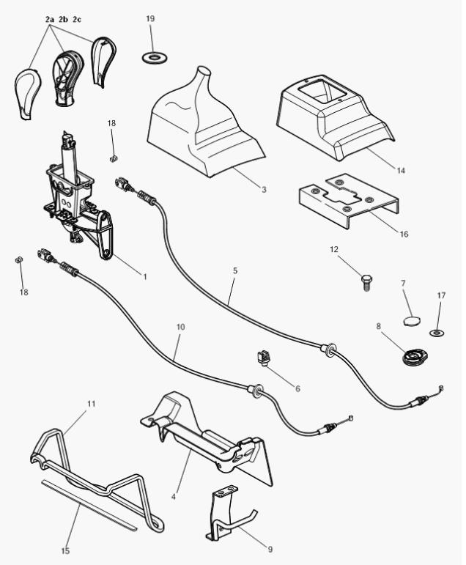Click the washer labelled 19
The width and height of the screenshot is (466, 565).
(x=153, y=56)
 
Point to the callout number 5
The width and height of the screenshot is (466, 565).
(x=234, y=270)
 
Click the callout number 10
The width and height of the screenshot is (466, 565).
(x=180, y=326)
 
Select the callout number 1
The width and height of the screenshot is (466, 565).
(x=144, y=276)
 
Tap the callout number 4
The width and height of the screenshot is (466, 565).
(x=174, y=496)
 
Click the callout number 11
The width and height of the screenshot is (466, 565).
(x=92, y=403)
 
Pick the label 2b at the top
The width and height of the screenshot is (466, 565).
(x=63, y=18)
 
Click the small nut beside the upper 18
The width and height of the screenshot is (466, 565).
(x=114, y=158)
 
